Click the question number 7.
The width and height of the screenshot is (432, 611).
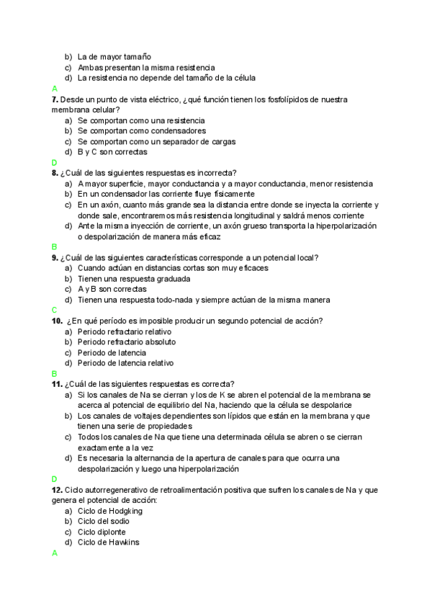pyautogui.click(x=55, y=99)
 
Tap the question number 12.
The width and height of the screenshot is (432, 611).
pyautogui.click(x=57, y=490)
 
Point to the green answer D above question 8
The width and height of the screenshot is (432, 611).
pyautogui.click(x=54, y=163)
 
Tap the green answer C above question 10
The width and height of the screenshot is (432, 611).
pyautogui.click(x=54, y=310)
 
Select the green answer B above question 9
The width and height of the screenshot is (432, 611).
pyautogui.click(x=54, y=246)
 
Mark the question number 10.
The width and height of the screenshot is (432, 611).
pyautogui.click(x=58, y=321)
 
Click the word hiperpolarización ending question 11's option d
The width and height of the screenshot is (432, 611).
pyautogui.click(x=205, y=468)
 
